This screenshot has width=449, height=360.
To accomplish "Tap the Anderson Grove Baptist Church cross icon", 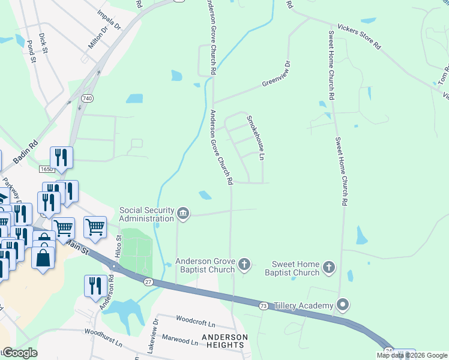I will click(x=244, y=263).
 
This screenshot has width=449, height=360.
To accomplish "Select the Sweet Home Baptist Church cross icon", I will click(x=328, y=267).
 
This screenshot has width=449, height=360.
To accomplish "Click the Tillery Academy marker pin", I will click(x=343, y=305).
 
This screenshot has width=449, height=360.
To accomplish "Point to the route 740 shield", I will click(x=88, y=97).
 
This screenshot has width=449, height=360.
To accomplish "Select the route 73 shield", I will click(x=263, y=306).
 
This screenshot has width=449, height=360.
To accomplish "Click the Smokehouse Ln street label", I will click(x=255, y=138).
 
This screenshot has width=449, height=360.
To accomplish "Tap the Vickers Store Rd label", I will click(x=359, y=37).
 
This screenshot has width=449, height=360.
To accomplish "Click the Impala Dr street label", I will click(x=109, y=20).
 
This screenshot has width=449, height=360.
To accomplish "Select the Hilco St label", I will click(x=118, y=245).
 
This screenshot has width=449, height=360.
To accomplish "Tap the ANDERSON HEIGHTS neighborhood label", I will click(x=224, y=341).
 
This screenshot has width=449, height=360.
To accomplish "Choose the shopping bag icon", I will click(x=44, y=258).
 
